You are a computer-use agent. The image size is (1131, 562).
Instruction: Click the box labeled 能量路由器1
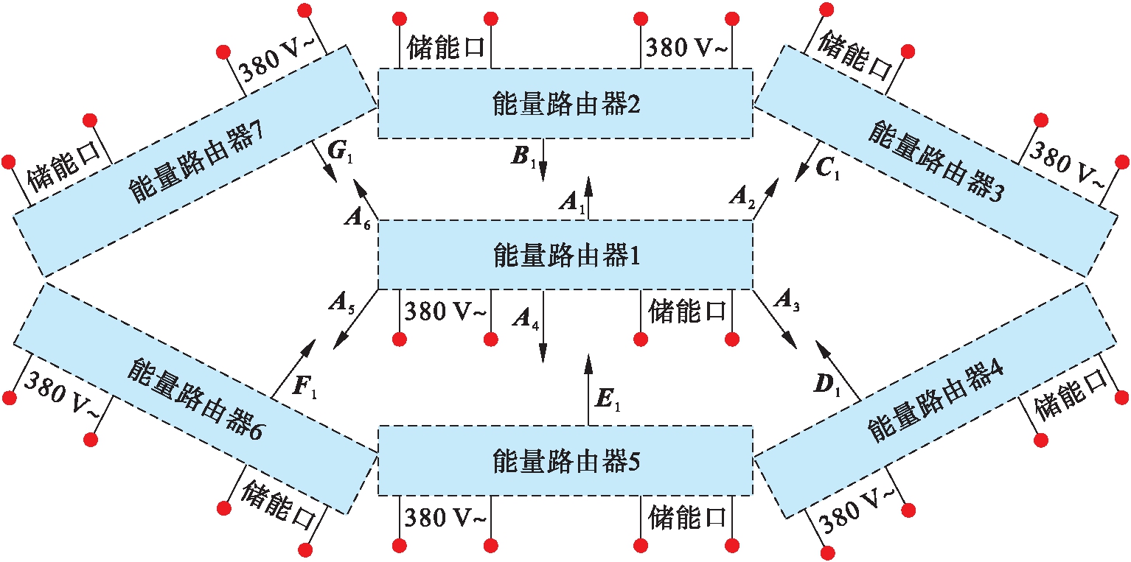coord(565,255)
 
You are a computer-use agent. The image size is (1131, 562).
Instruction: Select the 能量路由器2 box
coord(565,103)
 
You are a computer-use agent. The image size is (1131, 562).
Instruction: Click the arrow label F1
coord(304,387)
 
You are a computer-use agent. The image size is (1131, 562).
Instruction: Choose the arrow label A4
coord(523,317)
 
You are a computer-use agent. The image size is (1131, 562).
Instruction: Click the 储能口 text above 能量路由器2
coord(445,48)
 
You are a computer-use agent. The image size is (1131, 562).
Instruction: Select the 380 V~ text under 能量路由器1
coord(445,311)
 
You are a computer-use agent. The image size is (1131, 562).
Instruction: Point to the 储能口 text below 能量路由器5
coord(686,517)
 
